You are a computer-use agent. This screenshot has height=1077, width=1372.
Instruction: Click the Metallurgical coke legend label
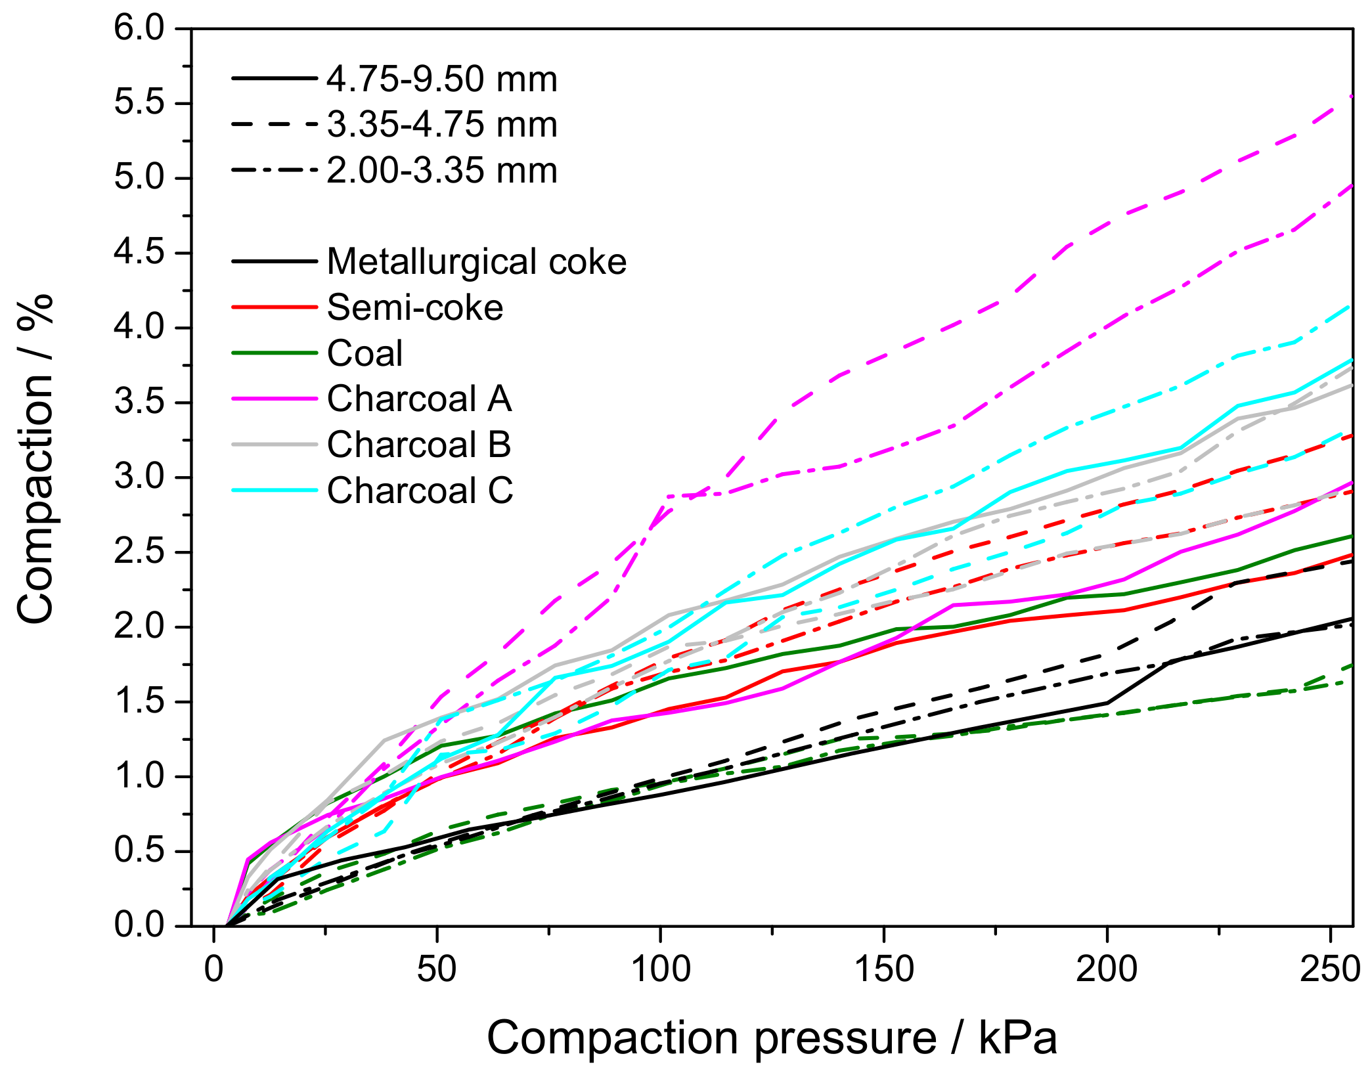(x=476, y=262)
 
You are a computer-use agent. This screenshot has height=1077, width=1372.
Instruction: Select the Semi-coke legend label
(x=415, y=308)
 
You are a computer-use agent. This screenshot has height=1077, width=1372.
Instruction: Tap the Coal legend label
(x=365, y=353)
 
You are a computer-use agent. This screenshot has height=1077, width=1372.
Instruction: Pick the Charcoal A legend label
(x=419, y=399)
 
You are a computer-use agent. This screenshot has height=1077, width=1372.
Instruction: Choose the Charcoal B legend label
(x=419, y=445)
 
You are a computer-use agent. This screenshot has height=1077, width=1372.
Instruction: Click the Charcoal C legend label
(x=420, y=491)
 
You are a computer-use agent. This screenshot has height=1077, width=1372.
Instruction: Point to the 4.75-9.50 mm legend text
(x=442, y=79)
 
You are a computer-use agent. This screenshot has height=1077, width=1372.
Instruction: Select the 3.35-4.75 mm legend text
(x=442, y=125)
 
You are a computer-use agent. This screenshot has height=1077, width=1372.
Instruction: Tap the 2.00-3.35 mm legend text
(x=442, y=171)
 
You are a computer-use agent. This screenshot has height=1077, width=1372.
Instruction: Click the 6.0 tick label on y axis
(x=139, y=29)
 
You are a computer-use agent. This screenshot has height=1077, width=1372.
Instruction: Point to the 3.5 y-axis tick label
(x=139, y=403)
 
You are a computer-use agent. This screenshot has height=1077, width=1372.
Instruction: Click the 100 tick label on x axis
(x=660, y=969)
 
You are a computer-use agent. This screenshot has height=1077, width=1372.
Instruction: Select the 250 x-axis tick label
(x=1331, y=969)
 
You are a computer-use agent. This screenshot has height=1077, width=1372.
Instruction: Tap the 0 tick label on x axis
(x=214, y=969)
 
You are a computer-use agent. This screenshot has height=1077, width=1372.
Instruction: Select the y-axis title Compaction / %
(x=35, y=460)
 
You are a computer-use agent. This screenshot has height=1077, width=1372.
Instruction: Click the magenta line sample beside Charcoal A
(x=275, y=399)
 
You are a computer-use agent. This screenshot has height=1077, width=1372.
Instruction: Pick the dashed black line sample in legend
(x=275, y=125)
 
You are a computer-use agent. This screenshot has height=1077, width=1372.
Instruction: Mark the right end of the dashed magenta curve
(x=1351, y=97)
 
